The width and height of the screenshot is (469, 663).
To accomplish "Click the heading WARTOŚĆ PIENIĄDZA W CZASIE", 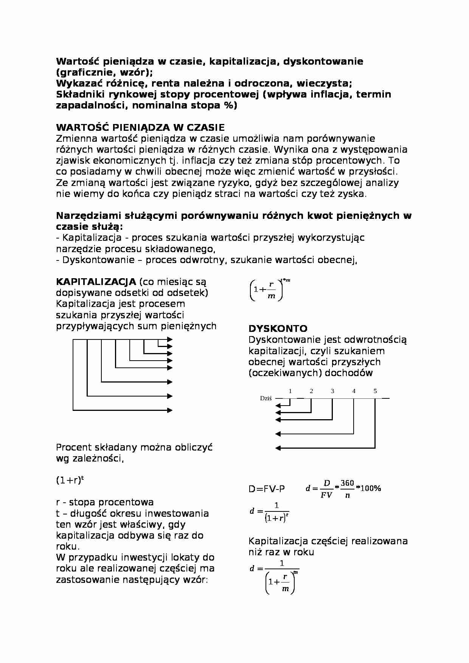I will [140, 127].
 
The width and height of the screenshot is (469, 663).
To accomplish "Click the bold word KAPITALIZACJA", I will [96, 282].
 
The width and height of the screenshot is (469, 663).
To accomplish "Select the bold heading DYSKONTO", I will [278, 328].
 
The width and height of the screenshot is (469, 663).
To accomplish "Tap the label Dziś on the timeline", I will [266, 398].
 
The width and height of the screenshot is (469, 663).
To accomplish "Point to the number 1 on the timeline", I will [290, 391].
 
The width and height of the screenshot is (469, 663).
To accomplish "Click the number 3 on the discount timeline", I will [332, 391].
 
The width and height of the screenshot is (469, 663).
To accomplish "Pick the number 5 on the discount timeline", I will [375, 391].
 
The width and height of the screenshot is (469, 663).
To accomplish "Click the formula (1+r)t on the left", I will [70, 480].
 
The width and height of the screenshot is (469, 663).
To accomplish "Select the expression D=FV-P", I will [267, 489].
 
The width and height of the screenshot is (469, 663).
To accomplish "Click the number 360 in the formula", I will [347, 483].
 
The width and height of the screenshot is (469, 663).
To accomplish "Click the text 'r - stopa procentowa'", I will [105, 502].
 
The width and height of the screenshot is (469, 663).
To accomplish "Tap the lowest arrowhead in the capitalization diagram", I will [170, 410].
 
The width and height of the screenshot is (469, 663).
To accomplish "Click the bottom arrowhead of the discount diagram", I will [278, 448].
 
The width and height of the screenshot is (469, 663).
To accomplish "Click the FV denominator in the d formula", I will [326, 495].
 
